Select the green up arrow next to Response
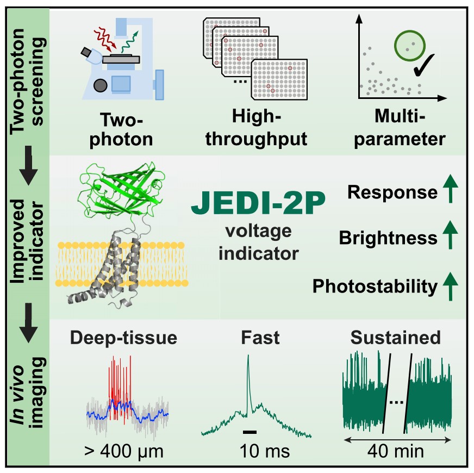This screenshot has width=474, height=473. click(451, 192)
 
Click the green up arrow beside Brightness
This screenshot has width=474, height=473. click(451, 238)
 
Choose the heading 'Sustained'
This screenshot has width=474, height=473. click(395, 338)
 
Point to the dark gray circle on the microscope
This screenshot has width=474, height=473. click(100, 85)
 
